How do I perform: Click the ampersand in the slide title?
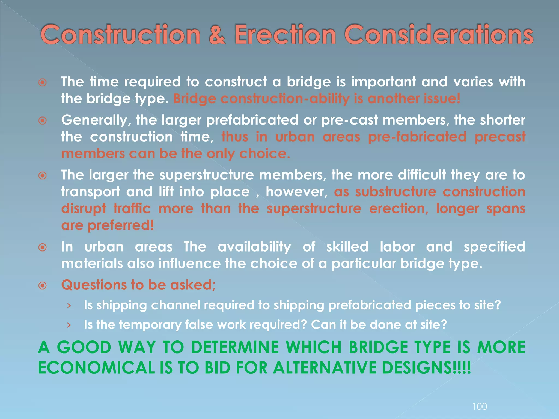point(217,35)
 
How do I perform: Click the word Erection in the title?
point(285,35)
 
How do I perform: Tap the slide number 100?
point(479,407)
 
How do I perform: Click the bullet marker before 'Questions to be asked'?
point(43,286)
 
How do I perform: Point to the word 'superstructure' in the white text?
point(207,175)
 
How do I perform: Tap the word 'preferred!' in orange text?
point(121,225)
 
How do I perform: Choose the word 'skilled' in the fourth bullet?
point(347,247)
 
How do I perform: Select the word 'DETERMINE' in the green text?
point(235,347)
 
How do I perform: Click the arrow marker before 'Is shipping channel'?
point(69,306)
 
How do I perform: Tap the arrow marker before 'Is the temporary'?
point(69,325)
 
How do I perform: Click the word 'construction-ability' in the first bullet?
point(285,99)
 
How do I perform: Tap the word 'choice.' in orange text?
point(264,154)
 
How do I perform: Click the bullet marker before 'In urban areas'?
point(43,247)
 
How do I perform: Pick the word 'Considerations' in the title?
point(439,35)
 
